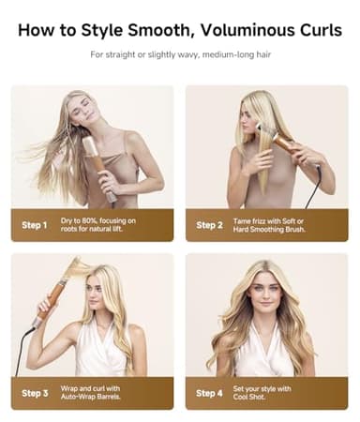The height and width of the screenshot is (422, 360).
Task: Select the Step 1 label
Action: coord(34,225)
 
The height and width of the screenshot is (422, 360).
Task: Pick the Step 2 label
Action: coord(208,225)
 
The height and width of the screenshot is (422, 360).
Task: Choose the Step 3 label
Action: coord(34,393)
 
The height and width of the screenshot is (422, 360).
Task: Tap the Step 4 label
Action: coord(208,393)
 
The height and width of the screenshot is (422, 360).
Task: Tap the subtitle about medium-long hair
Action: coord(179,55)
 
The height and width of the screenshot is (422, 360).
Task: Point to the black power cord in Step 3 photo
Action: coord(21,352)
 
